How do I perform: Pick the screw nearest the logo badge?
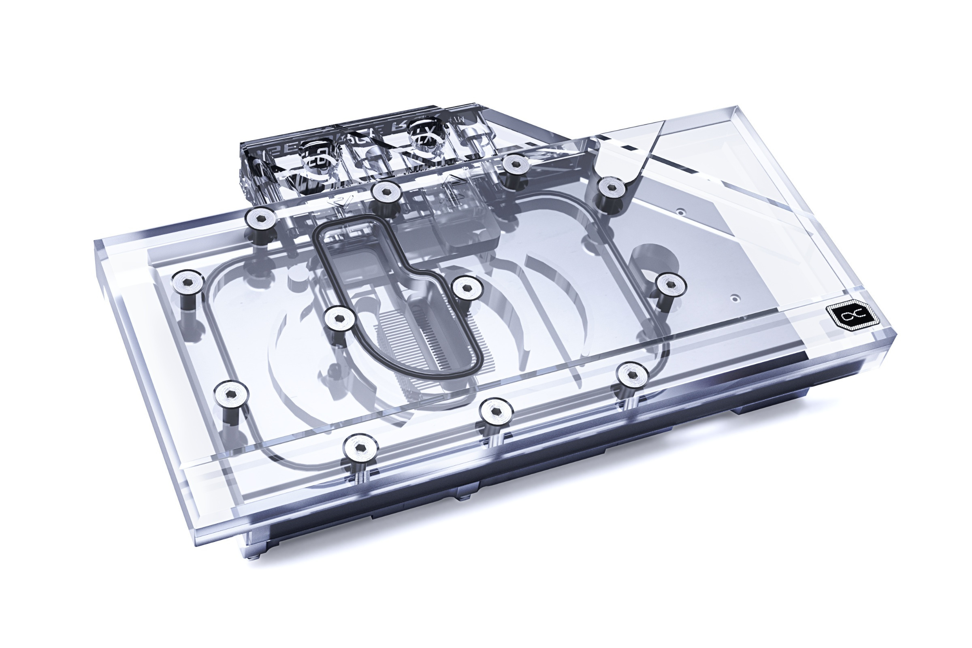[x=670, y=284]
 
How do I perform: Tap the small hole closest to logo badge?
[x=734, y=297]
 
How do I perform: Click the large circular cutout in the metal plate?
[x=653, y=263]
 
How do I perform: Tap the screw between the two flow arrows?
[x=386, y=192]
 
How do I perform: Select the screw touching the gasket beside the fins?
[x=340, y=320]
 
